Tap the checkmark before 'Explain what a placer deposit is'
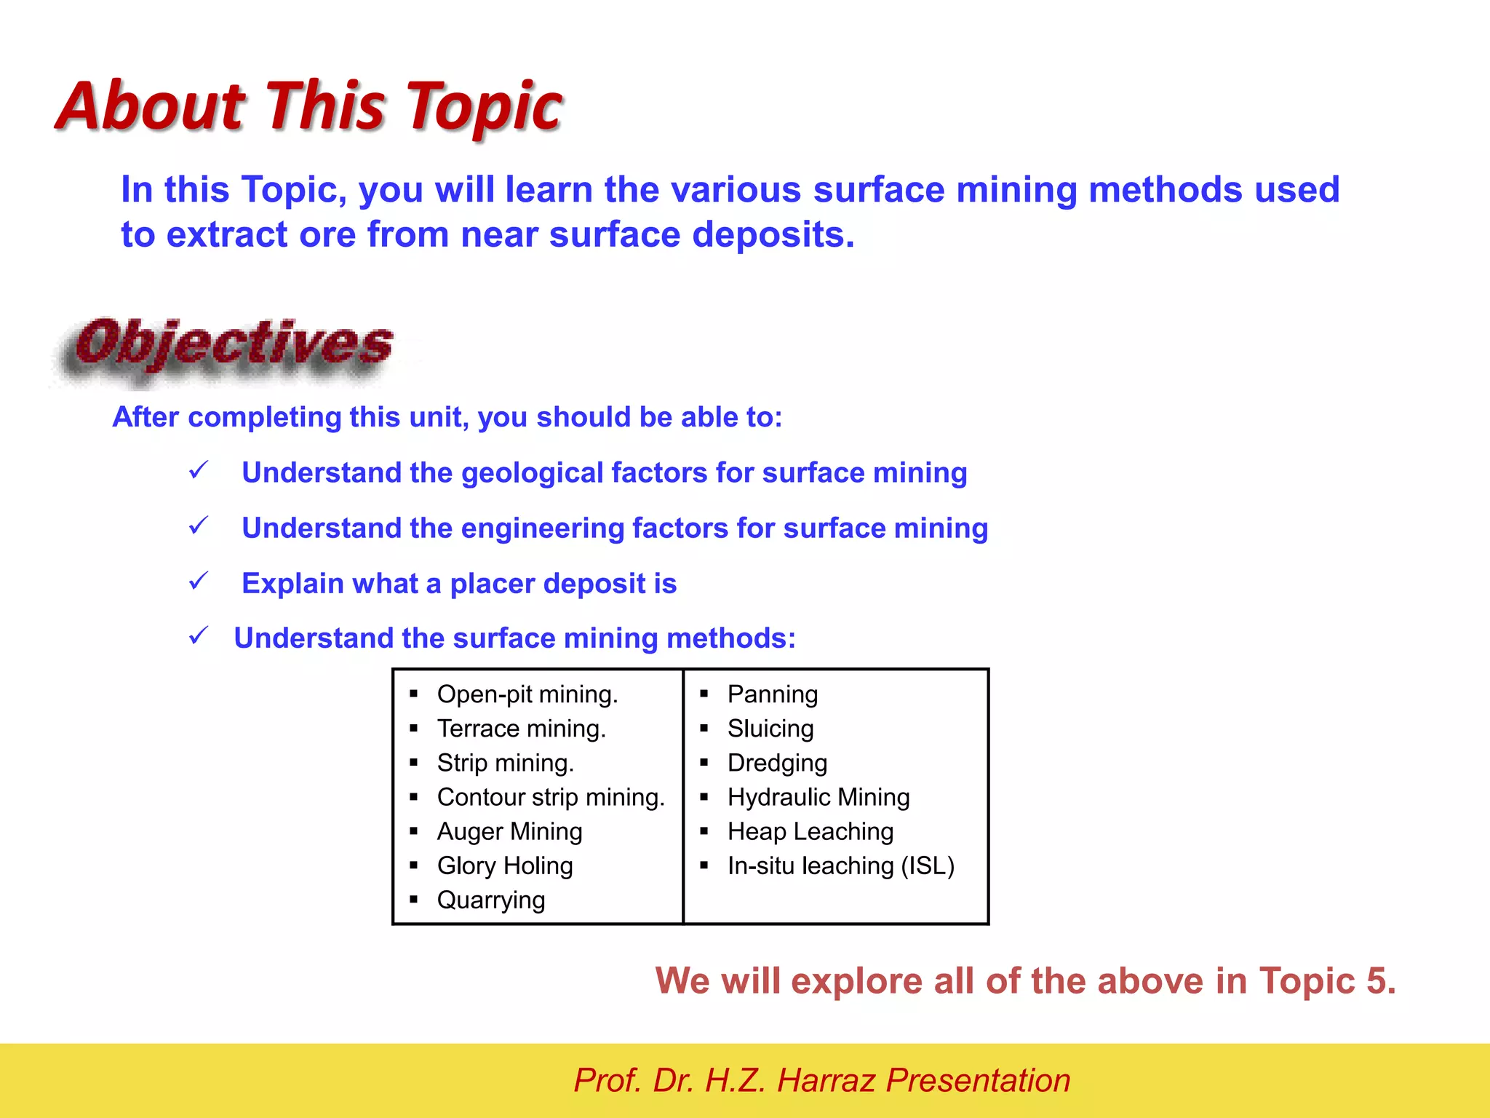198,582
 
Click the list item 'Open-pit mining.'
527,694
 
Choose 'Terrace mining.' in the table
521,729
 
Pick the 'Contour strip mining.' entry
551,797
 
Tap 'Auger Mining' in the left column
509,831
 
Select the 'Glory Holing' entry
505,865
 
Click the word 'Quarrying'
491,900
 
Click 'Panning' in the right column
773,694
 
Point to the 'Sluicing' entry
770,729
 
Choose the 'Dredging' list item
777,763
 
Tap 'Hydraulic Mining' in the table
818,797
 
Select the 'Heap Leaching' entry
810,831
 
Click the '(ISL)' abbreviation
928,865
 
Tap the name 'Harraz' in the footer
826,1080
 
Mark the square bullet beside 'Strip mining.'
413,763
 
